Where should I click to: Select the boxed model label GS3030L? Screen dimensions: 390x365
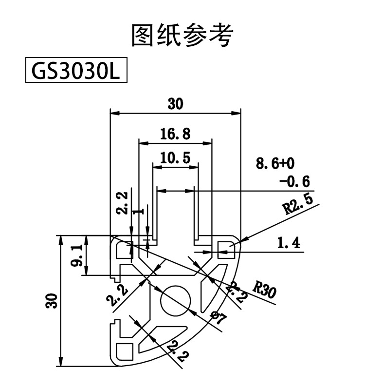76,72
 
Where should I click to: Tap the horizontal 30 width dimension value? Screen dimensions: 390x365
176,104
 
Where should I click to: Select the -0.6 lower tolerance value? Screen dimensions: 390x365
294,182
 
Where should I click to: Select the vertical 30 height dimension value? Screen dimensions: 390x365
53,301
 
